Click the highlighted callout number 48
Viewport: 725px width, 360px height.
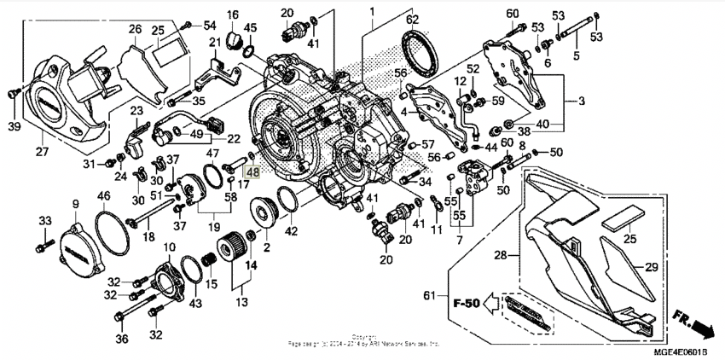252,171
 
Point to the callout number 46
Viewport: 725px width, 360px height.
104,197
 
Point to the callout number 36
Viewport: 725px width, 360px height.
121,340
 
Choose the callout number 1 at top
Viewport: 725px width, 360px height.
372,11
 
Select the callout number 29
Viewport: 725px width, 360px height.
652,267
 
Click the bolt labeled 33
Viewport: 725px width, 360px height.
41,248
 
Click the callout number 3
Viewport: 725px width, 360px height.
581,102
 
